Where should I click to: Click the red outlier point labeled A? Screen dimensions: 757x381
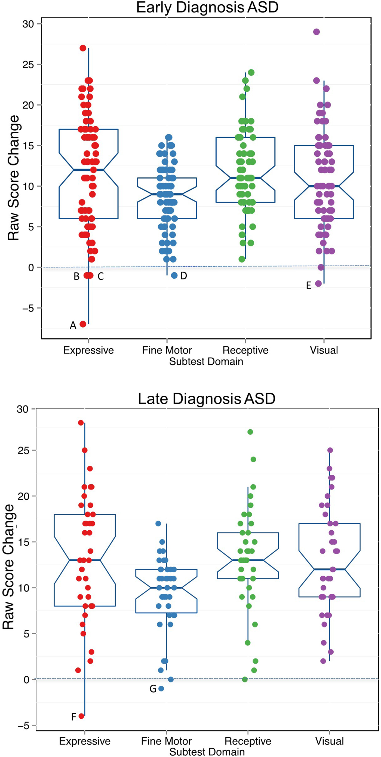click(x=83, y=324)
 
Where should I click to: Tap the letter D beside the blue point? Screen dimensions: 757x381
click(x=184, y=276)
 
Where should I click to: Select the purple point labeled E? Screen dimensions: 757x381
click(x=318, y=284)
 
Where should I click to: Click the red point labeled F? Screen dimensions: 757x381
click(x=81, y=716)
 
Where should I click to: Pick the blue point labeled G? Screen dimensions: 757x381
click(x=161, y=688)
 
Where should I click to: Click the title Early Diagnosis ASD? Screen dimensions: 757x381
click(x=207, y=8)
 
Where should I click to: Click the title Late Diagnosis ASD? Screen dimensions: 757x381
click(x=207, y=398)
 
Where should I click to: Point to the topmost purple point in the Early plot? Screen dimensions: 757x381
click(x=316, y=32)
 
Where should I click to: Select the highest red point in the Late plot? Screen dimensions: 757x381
click(x=81, y=423)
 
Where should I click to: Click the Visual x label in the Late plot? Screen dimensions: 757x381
click(x=329, y=741)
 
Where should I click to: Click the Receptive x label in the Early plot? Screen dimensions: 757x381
click(x=245, y=350)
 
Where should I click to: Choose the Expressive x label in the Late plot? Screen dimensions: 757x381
click(x=85, y=741)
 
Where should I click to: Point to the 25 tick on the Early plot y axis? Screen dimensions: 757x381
click(x=28, y=64)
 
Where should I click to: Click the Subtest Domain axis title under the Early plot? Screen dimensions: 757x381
click(x=206, y=361)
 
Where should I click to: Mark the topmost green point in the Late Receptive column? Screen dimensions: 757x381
click(x=250, y=432)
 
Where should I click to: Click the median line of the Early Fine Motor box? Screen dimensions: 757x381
click(x=167, y=194)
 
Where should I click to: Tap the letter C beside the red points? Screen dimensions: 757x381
click(x=100, y=276)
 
